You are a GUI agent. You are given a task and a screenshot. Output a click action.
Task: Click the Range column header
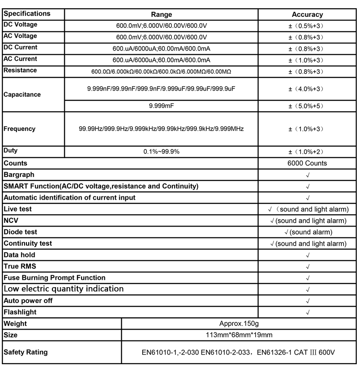[161, 15]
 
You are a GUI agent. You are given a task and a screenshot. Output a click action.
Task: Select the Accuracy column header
[307, 15]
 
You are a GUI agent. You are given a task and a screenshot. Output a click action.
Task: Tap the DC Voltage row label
[21, 25]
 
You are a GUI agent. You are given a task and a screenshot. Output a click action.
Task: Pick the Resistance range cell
[161, 72]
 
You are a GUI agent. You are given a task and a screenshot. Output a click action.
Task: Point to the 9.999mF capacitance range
[161, 106]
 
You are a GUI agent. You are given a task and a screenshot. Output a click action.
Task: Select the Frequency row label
[19, 129]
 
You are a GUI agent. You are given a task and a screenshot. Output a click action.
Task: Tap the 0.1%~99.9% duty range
[161, 151]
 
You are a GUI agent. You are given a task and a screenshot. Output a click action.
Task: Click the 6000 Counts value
[308, 163]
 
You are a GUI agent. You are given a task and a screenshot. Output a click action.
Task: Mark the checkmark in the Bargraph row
[308, 175]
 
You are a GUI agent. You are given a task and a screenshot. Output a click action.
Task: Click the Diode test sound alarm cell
[308, 232]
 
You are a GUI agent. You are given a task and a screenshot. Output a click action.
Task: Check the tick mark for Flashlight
[308, 312]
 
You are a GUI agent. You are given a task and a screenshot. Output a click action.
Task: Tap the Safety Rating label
[26, 352]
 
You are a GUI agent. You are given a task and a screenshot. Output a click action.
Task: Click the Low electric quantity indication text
[63, 289]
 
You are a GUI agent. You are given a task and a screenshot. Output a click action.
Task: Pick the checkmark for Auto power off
[308, 301]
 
